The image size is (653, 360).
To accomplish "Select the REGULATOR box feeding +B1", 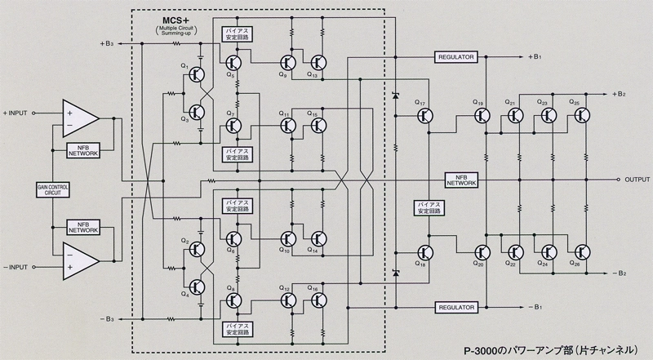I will click(x=455, y=56).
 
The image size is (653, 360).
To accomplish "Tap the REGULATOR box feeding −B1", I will click(x=455, y=308).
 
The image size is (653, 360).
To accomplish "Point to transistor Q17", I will click(x=423, y=117).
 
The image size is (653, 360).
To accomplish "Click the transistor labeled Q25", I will click(x=580, y=115).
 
